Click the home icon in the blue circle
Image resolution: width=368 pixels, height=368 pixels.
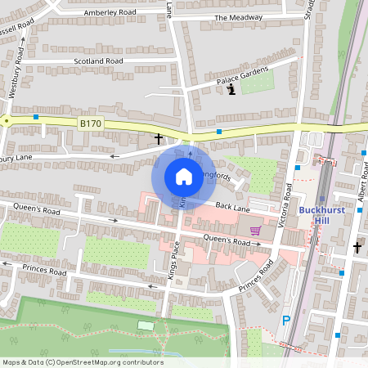(183, 177)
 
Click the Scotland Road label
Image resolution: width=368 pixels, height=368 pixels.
(98, 61)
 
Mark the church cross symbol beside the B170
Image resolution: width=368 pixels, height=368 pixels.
(159, 139)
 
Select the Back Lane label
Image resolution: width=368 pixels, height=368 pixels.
(232, 209)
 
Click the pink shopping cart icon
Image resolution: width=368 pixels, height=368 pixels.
(255, 231)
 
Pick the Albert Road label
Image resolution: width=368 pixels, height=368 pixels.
(361, 193)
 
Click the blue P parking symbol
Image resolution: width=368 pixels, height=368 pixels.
(285, 321)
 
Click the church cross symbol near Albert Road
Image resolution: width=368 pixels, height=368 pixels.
(357, 246)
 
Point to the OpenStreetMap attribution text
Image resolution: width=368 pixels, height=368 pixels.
(82, 361)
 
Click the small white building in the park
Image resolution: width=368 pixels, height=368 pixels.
(146, 326)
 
